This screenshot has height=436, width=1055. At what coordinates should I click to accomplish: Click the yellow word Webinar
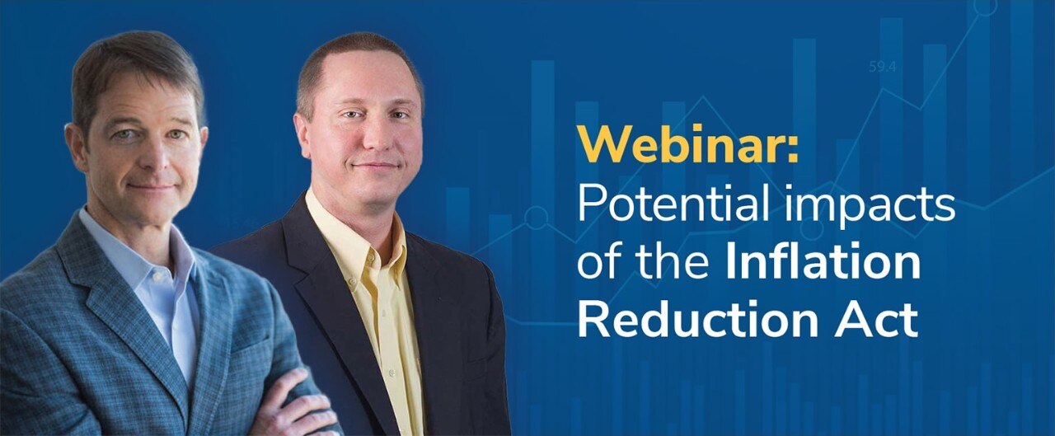(x=682, y=146)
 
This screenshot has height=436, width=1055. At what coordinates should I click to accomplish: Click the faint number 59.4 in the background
(x=882, y=67)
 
